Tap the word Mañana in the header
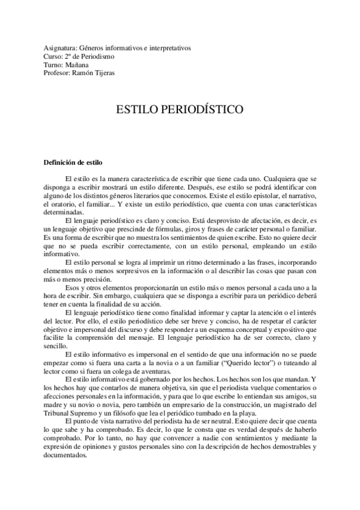[77, 65]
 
